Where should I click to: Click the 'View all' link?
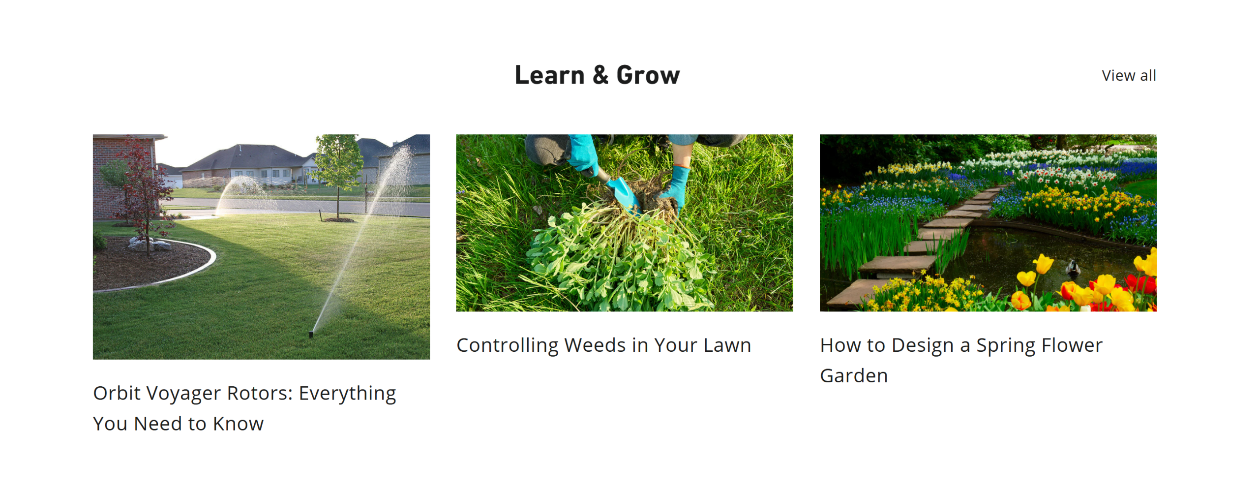click(x=1128, y=76)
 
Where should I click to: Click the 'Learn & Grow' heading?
click(x=597, y=75)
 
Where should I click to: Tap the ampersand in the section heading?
click(x=600, y=75)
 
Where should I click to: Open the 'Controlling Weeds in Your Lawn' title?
click(x=603, y=345)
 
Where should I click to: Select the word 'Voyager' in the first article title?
click(x=183, y=394)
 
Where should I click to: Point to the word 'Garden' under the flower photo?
click(x=854, y=376)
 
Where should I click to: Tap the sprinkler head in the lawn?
click(x=311, y=334)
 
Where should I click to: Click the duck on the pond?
click(x=1072, y=269)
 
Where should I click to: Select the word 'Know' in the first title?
click(x=238, y=424)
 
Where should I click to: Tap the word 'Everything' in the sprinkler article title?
click(x=347, y=394)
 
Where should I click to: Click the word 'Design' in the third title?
click(x=923, y=346)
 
